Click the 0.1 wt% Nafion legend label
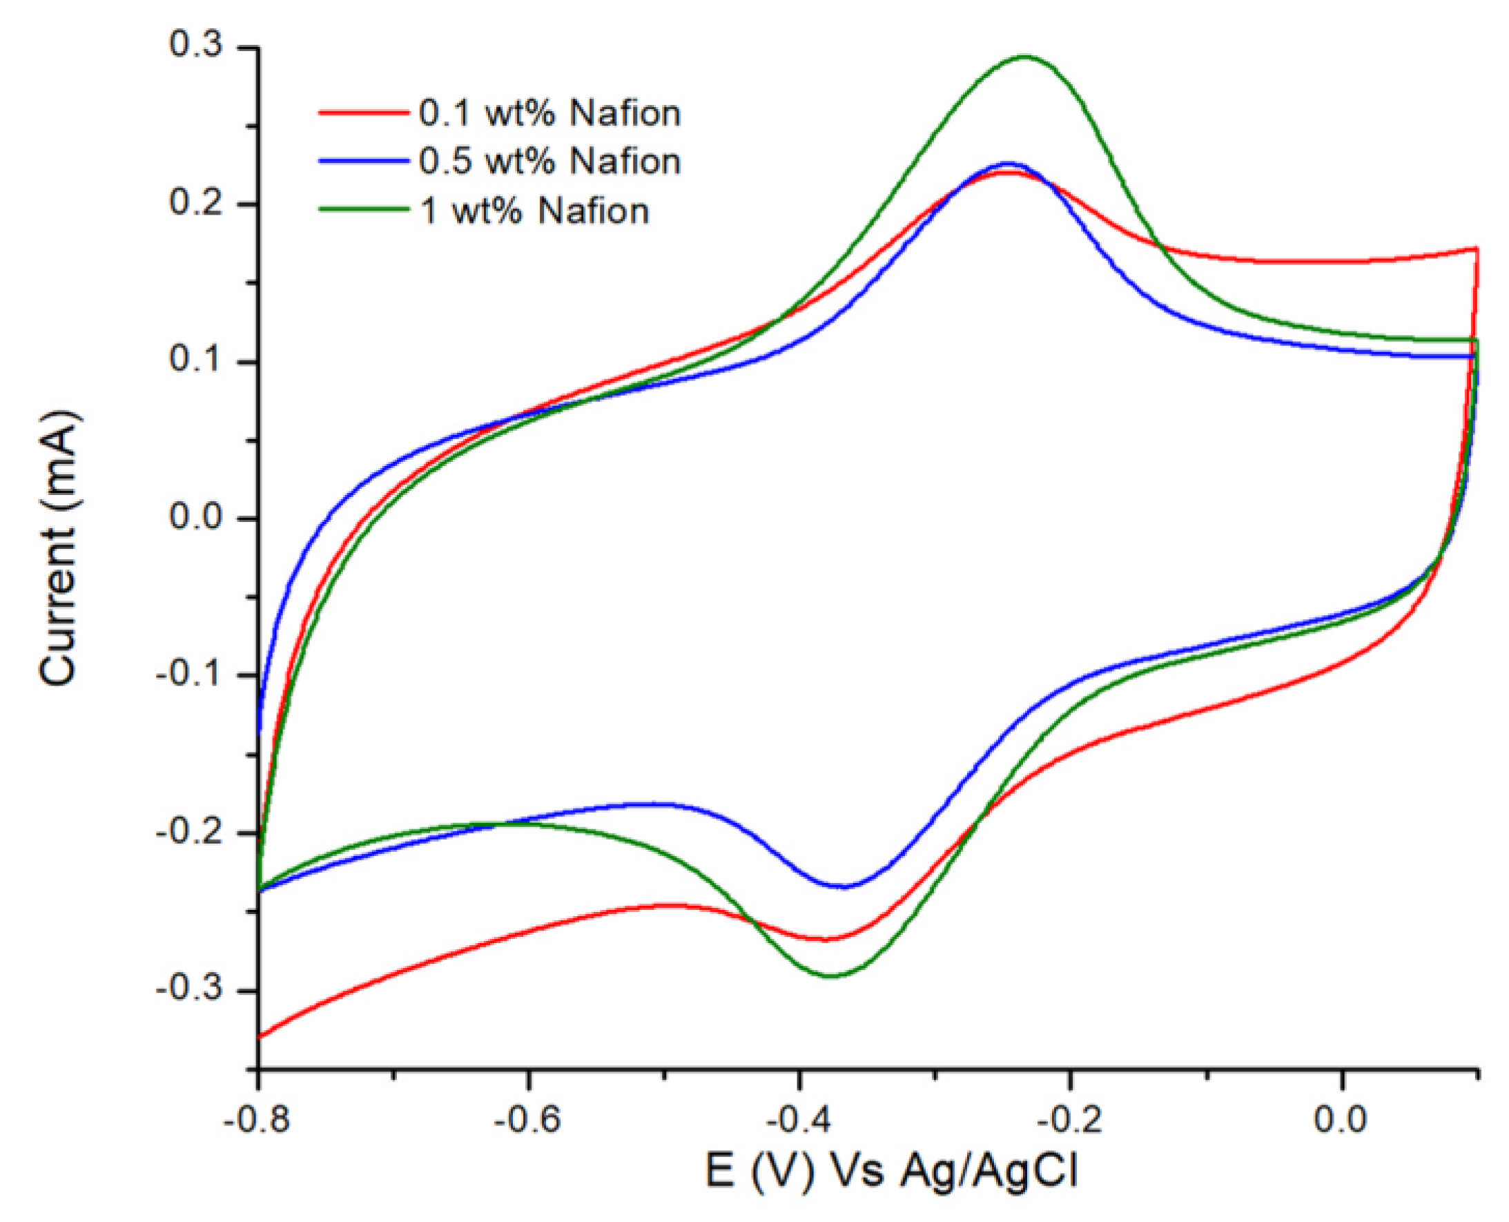[549, 114]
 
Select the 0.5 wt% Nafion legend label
[549, 162]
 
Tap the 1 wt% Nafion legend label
[534, 211]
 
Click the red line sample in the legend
[364, 113]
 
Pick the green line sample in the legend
[364, 209]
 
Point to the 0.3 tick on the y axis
[195, 45]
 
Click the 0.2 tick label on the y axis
[195, 203]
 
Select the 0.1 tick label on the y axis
[195, 360]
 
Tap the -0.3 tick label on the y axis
[188, 989]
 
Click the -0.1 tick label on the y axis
[188, 675]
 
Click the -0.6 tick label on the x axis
[527, 1119]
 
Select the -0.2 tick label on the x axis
[1069, 1119]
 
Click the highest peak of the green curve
[1024, 57]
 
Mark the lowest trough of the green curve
[830, 976]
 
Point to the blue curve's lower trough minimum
[842, 887]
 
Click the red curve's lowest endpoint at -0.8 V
[260, 1037]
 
